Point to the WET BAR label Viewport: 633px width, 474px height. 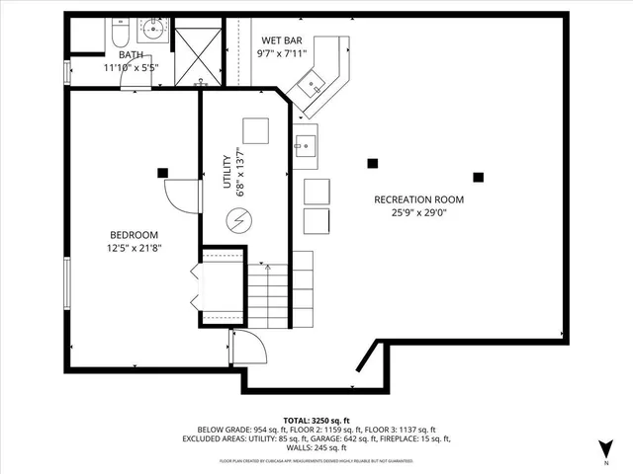click(x=281, y=40)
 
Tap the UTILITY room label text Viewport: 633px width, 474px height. click(x=226, y=171)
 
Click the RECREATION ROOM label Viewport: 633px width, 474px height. click(x=418, y=199)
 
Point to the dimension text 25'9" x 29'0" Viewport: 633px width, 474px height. click(x=418, y=212)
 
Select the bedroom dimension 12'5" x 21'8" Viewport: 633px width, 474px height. click(x=134, y=248)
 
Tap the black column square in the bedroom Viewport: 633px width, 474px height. click(x=162, y=173)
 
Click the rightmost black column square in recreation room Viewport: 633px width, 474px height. click(x=478, y=178)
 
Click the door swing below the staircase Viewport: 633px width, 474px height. click(x=248, y=348)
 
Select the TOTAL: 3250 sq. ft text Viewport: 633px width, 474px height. click(x=316, y=420)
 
